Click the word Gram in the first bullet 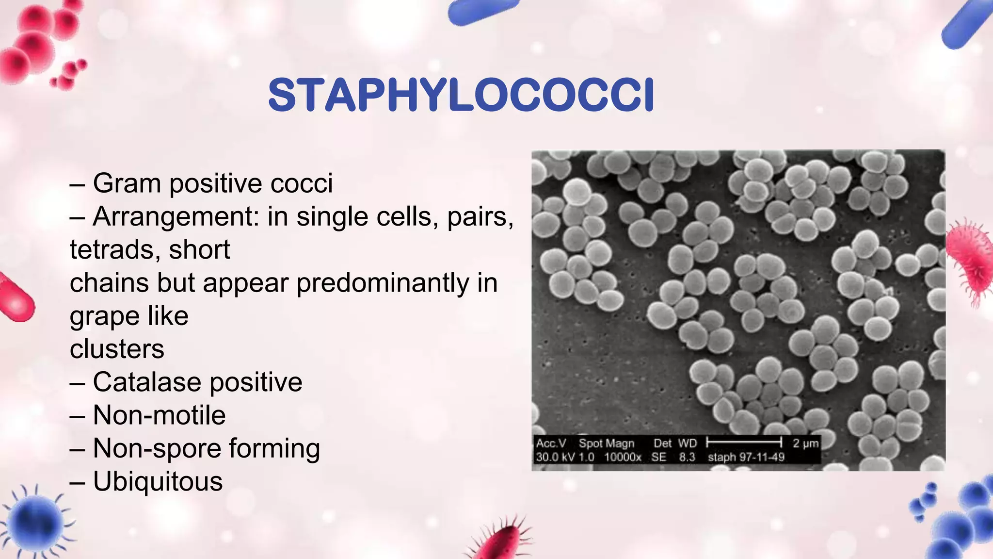tap(127, 183)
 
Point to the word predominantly tap(383, 283)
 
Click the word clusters tap(117, 349)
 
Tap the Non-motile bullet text tap(159, 415)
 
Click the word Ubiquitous tap(158, 481)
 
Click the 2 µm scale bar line tap(744, 442)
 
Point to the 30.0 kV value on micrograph tap(551, 457)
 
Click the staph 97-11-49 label tap(746, 457)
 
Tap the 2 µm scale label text tap(806, 443)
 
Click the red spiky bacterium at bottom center tap(499, 541)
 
